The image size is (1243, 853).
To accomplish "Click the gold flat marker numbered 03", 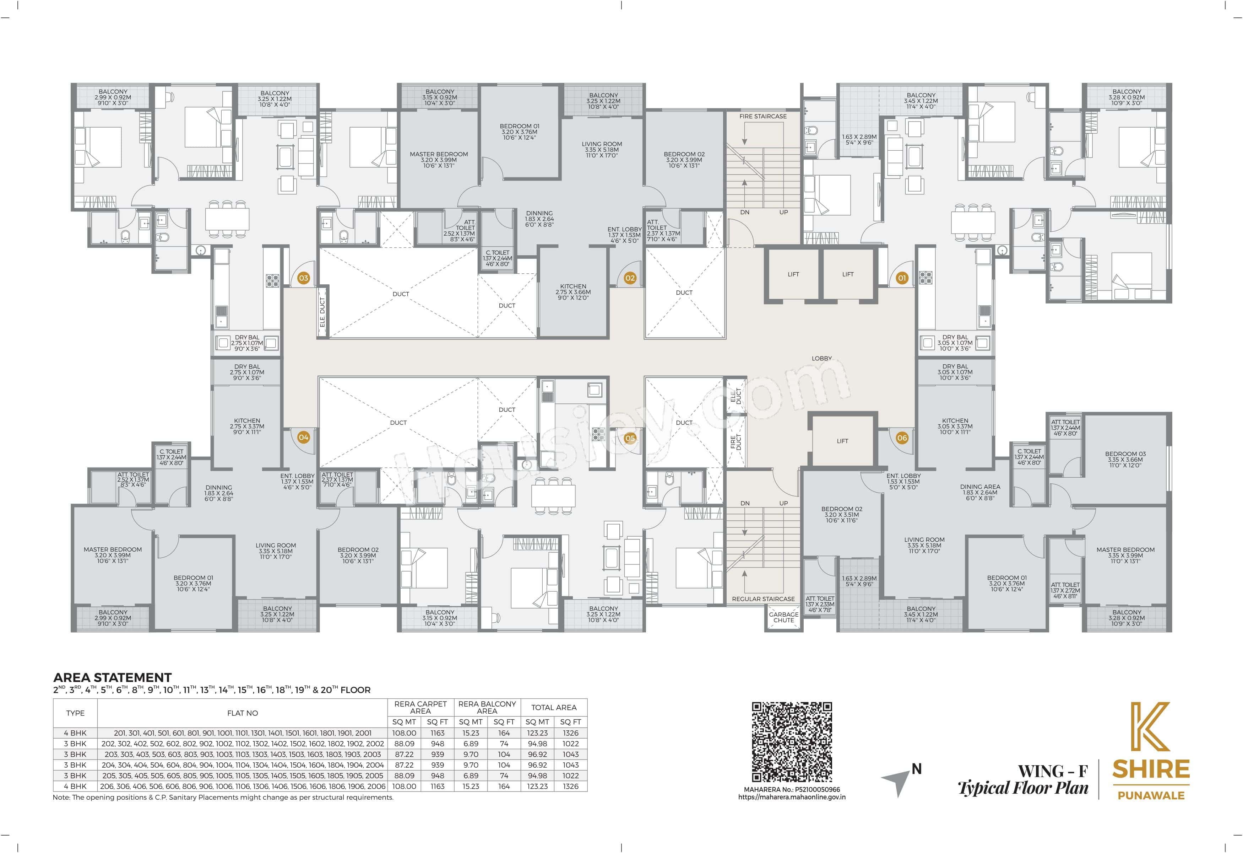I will point(303,278).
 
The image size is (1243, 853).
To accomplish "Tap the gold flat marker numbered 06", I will point(902,438).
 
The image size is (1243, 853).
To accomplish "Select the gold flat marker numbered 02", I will point(630,278).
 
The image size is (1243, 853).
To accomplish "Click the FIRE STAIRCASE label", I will point(763,116).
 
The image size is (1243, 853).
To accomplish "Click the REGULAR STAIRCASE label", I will point(763,599).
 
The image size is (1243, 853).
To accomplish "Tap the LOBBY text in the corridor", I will point(821,358).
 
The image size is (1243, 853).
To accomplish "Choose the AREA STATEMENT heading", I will point(112,677).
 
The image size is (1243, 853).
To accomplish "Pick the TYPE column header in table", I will point(75,713).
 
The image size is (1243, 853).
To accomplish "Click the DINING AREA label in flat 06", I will point(980,487).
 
